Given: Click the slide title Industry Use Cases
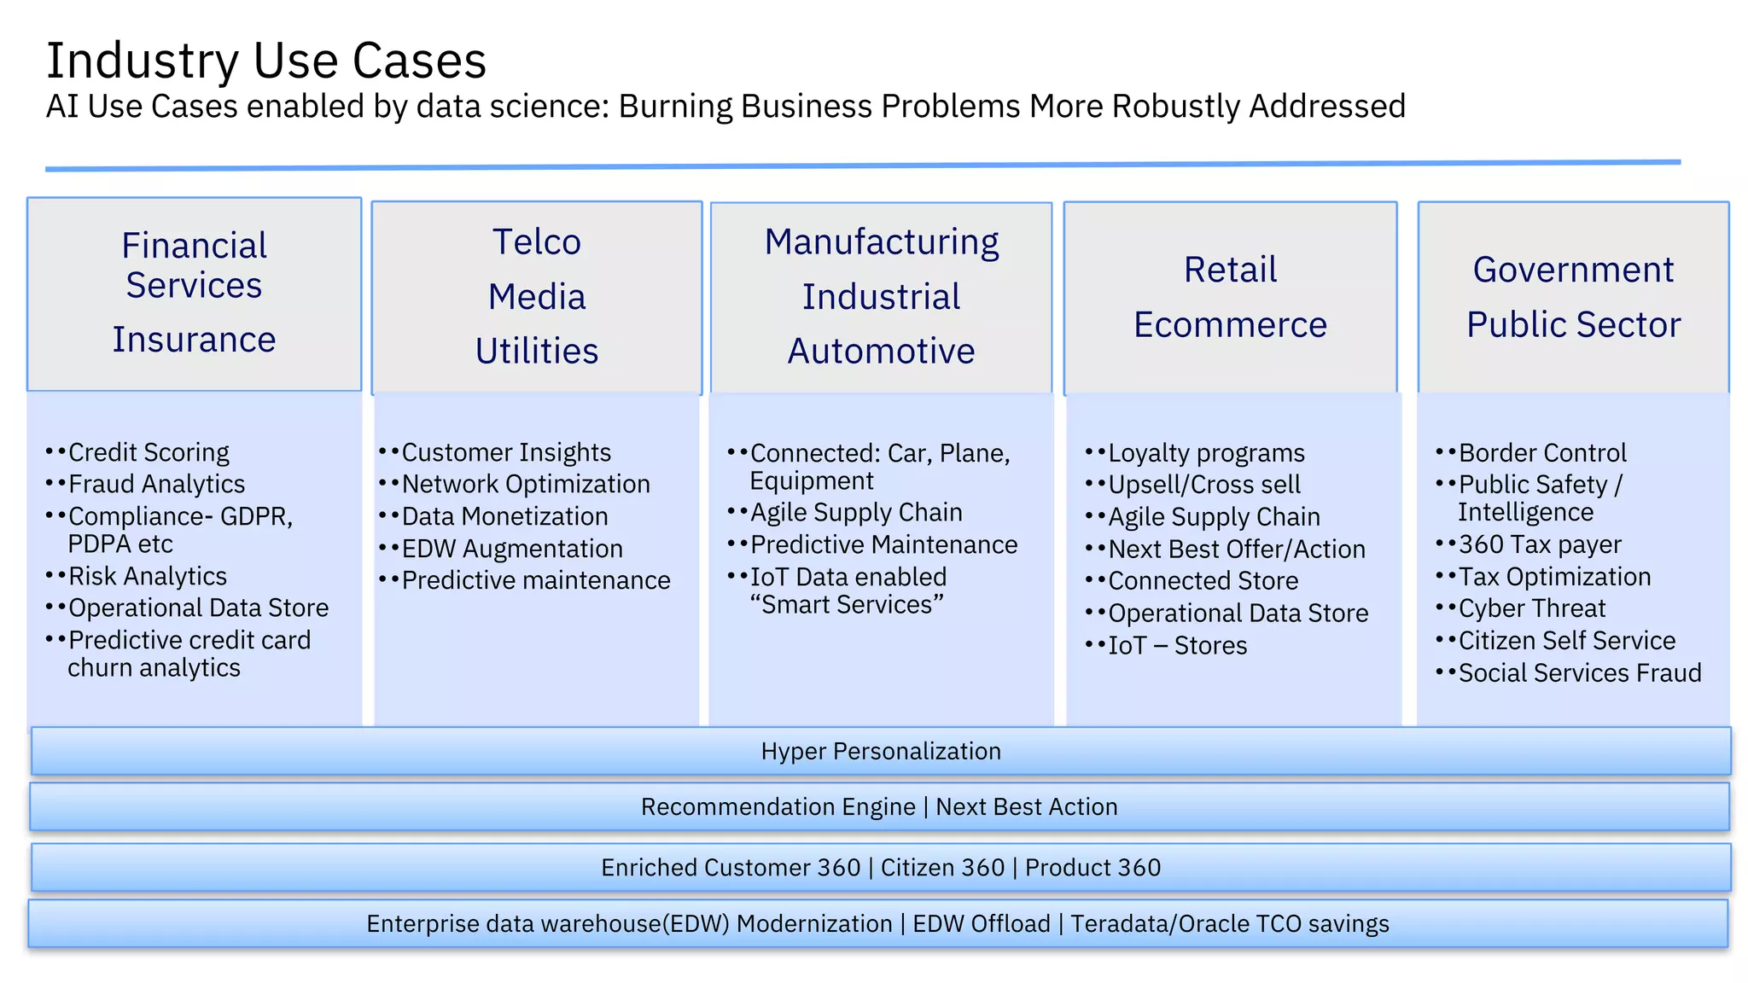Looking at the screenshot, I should [265, 61].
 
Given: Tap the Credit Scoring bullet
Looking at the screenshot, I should [149, 452].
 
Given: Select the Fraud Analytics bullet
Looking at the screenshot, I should [156, 485].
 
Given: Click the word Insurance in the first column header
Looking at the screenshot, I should [195, 340].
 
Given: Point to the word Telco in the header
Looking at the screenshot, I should [537, 242].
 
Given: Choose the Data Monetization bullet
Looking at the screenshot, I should [504, 516].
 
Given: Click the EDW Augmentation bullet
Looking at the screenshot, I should [512, 549].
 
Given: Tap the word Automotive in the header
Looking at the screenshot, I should [881, 351].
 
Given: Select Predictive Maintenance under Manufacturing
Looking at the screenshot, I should [883, 544].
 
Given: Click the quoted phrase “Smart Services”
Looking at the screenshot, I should [847, 605].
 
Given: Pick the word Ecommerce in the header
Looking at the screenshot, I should [1230, 325].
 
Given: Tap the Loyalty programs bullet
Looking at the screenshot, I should [1206, 453].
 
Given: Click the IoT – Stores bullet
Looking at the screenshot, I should [1177, 646].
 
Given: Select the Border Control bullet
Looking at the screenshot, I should [1542, 453].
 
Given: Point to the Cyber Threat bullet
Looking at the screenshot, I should [1532, 608].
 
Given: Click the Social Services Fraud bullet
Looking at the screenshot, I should [1579, 673].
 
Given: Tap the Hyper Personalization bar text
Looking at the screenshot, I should [881, 751].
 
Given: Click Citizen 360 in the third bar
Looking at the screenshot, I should [942, 868].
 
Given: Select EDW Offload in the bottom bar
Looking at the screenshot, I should [982, 924].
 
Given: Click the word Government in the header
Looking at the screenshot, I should [1573, 270].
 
